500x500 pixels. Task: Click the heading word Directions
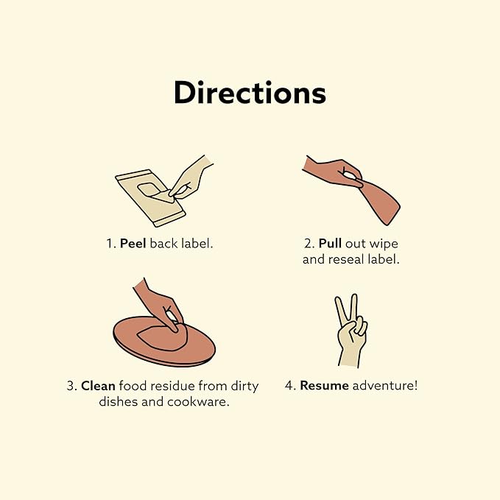click(x=250, y=94)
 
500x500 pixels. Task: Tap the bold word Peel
click(x=133, y=242)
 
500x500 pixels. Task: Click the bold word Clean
click(x=99, y=384)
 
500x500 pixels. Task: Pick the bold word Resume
click(x=324, y=384)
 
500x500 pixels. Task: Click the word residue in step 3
click(x=172, y=384)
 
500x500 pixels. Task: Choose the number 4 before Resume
click(x=289, y=384)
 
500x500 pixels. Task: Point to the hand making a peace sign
click(x=351, y=335)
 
